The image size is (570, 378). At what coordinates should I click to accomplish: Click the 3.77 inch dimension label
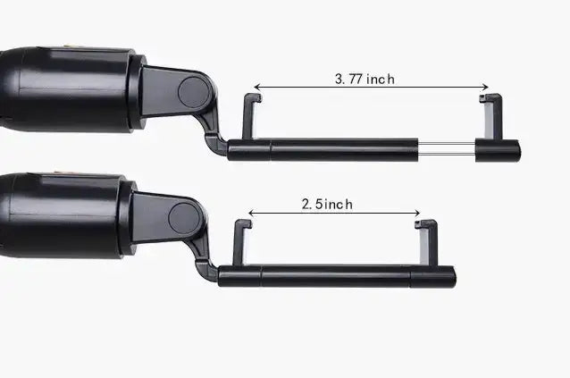pyautogui.click(x=365, y=79)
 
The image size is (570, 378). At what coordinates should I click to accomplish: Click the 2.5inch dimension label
pyautogui.click(x=327, y=204)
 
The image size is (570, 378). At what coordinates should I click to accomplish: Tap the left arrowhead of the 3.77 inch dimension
pyautogui.click(x=256, y=88)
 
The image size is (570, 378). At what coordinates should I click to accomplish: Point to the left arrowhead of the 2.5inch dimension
pyautogui.click(x=251, y=213)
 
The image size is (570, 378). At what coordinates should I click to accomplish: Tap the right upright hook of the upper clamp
pyautogui.click(x=489, y=115)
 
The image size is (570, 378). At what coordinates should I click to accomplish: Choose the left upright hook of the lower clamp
pyautogui.click(x=240, y=242)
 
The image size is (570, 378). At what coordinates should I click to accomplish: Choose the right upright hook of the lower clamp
pyautogui.click(x=427, y=242)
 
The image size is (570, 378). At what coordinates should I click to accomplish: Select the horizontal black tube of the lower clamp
pyautogui.click(x=339, y=275)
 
